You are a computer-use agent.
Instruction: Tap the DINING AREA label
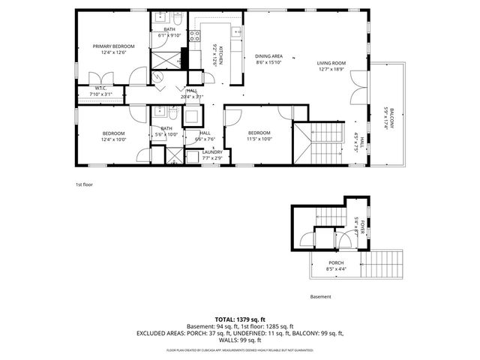[268, 56]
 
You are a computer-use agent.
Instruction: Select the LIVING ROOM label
[330, 63]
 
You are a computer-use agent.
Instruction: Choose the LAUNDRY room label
[212, 152]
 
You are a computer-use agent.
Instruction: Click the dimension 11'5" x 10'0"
[259, 139]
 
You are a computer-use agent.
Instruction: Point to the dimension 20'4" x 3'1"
[192, 97]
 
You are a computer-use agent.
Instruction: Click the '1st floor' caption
[83, 184]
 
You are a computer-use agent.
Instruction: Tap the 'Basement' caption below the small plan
[320, 296]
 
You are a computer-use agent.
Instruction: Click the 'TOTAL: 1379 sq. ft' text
[240, 319]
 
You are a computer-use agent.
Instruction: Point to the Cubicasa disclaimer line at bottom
[240, 350]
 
